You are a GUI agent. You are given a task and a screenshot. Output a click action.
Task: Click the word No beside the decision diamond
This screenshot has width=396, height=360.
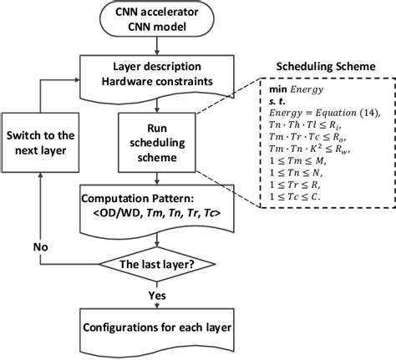39,248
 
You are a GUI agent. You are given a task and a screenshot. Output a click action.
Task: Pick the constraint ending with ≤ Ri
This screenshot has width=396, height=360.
308,127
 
